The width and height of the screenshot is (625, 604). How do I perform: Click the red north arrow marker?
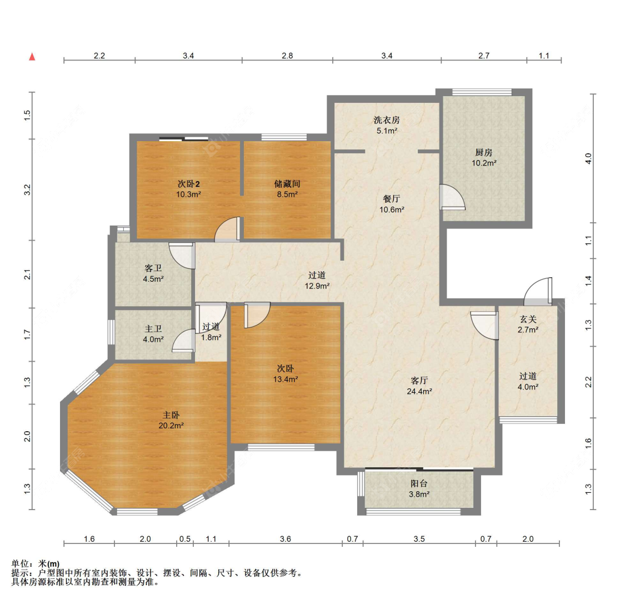click(x=32, y=57)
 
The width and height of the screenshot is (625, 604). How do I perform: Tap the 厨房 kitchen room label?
click(x=483, y=152)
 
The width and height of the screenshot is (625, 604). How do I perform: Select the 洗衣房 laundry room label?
click(x=387, y=120)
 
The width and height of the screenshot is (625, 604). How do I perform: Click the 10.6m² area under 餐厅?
click(x=392, y=209)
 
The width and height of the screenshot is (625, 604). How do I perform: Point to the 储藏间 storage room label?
click(x=287, y=184)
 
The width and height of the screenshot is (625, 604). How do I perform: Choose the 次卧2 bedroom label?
click(x=188, y=184)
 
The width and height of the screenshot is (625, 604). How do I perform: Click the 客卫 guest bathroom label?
click(x=153, y=268)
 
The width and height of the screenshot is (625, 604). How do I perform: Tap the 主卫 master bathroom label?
click(x=153, y=329)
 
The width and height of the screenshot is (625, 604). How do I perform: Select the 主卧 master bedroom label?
click(x=171, y=415)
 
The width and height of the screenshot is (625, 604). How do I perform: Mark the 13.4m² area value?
click(x=286, y=379)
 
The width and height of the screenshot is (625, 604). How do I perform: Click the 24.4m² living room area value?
click(x=419, y=392)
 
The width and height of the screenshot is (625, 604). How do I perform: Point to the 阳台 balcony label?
click(x=419, y=483)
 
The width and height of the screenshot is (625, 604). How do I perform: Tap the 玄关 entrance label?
click(x=528, y=320)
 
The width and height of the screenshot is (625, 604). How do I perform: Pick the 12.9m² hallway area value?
click(x=317, y=286)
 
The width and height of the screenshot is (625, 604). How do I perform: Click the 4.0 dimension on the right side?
click(x=588, y=159)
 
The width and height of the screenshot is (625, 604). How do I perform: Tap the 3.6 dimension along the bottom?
click(x=286, y=539)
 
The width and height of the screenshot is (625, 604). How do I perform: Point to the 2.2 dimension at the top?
click(x=99, y=56)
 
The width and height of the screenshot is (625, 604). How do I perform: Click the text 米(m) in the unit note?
click(x=49, y=564)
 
